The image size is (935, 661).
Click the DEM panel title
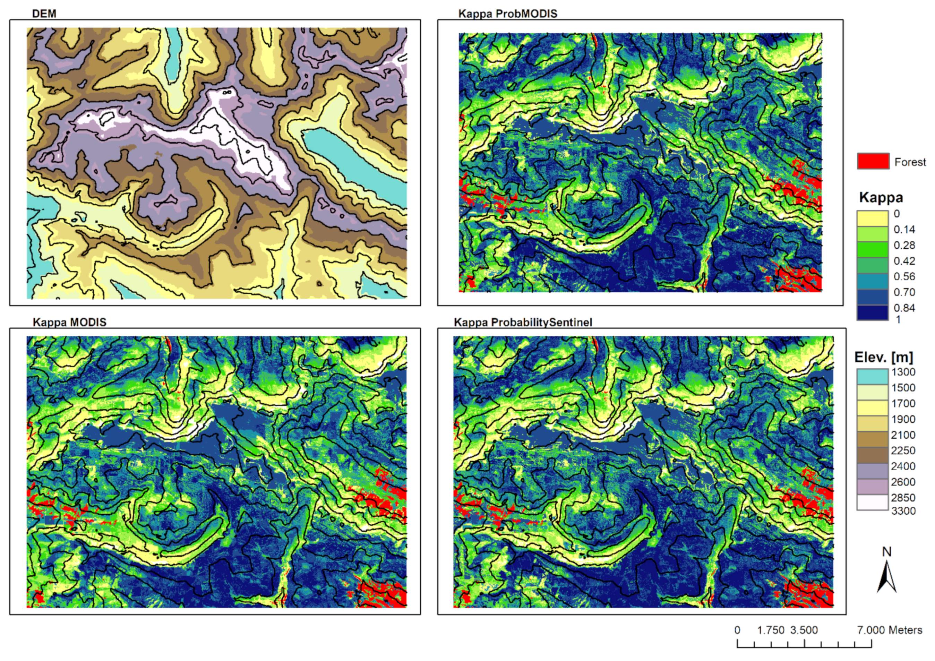[44, 14]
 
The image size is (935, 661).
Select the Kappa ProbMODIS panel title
[507, 14]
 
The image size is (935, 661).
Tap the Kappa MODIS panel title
[69, 322]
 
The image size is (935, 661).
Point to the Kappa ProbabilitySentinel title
[523, 322]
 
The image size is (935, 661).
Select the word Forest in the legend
[910, 162]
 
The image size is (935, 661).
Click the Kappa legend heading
[881, 198]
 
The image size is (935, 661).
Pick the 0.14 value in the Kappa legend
[904, 229]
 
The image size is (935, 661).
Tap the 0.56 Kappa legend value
[904, 276]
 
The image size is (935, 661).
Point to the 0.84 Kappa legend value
[904, 308]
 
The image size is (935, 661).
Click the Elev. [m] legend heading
[883, 357]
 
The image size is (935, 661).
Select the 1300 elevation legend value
[903, 372]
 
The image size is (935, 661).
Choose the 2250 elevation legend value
[903, 450]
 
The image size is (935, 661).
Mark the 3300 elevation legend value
[903, 511]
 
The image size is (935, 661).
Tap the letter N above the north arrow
[886, 552]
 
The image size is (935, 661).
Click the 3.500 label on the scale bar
[804, 630]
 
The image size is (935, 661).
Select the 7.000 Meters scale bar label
[889, 630]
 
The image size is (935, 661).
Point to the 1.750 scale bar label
[771, 630]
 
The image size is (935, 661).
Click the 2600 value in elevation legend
[903, 482]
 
